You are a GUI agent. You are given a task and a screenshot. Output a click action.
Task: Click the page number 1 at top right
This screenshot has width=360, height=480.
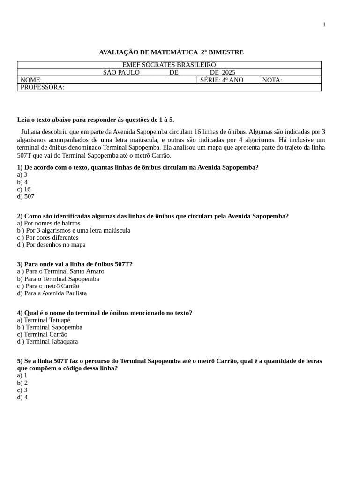(324, 24)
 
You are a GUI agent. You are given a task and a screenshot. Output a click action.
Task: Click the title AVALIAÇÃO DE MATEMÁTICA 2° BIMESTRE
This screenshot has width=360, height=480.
(171, 52)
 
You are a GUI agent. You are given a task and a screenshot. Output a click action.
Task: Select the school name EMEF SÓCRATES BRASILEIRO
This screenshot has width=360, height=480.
(169, 65)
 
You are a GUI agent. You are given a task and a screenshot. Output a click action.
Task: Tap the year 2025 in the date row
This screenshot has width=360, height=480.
(228, 72)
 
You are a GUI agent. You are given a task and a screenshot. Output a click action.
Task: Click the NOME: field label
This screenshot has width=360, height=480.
(31, 80)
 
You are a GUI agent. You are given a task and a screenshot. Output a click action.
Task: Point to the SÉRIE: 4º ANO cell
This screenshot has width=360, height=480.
(222, 80)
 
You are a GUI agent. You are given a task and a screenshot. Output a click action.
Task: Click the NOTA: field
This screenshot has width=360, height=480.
(272, 80)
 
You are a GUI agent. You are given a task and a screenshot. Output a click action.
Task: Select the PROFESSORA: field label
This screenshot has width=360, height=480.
(42, 87)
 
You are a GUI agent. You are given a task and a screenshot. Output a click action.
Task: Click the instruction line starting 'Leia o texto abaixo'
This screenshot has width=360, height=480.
(96, 120)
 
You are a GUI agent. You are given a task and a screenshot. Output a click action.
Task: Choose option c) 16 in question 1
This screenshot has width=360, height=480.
(24, 189)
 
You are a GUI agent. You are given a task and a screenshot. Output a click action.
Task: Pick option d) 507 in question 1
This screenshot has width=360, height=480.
(26, 196)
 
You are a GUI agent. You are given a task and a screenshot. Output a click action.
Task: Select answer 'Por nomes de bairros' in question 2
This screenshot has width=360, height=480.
(49, 223)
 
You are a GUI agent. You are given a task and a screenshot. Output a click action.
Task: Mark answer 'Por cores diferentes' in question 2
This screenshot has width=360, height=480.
(48, 237)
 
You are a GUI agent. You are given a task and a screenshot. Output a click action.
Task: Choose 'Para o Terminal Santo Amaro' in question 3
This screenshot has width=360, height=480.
(61, 271)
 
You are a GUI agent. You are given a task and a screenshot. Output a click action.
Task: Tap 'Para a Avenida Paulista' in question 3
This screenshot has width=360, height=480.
(52, 293)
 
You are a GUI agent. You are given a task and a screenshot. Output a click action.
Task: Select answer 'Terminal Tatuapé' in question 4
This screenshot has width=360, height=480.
(44, 320)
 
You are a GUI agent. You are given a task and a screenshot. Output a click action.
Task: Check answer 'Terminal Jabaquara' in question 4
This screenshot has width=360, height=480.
(48, 341)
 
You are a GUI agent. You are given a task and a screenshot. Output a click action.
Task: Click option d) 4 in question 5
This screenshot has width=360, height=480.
(22, 397)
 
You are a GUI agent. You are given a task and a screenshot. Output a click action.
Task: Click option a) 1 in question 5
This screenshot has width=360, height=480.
(22, 375)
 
